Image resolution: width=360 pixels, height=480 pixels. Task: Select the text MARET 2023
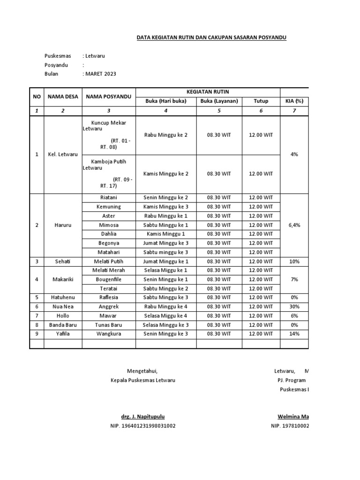pos(100,74)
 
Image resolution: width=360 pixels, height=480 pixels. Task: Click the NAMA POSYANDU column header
pos(109,96)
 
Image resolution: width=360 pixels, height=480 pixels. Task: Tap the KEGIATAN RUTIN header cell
pos(208,91)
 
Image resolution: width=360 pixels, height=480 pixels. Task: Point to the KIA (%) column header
pos(295,101)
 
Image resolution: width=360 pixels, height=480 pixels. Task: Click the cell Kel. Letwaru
pos(62,154)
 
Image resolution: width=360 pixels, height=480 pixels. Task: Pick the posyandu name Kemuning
pos(109,207)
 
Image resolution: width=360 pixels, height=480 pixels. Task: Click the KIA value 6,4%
pos(295,225)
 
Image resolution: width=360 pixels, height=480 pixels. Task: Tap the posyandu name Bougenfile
pos(109,279)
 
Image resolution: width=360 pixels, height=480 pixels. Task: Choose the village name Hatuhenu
pos(62,297)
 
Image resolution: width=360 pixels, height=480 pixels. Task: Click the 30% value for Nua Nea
pos(295,307)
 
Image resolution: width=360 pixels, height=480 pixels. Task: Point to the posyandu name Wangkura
pos(109,334)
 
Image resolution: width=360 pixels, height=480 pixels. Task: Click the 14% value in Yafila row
pos(295,334)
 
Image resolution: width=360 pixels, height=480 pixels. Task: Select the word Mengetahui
pos(140,371)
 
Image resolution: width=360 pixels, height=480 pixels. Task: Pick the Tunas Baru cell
pos(109,325)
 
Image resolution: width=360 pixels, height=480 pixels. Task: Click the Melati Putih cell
pos(109,261)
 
